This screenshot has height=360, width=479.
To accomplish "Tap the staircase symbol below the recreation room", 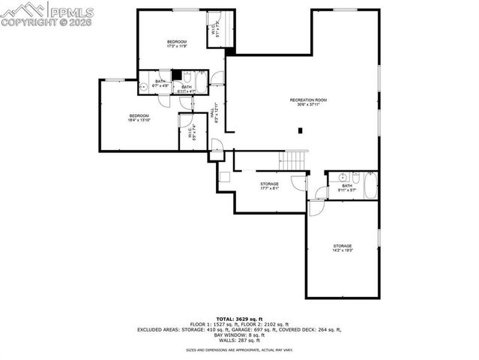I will point(294,160).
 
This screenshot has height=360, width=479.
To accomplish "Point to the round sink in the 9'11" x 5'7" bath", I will point(341,178).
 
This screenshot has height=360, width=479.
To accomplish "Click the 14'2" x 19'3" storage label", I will point(343,248).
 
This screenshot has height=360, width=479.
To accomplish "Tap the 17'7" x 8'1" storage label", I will point(269,186).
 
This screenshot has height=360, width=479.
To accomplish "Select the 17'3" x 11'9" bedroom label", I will point(176,43).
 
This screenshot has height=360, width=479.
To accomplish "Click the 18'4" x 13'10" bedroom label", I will point(139,117).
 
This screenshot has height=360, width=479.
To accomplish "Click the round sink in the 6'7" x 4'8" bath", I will point(143,88).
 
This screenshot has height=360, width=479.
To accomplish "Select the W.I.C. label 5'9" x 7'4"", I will point(192,135).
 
